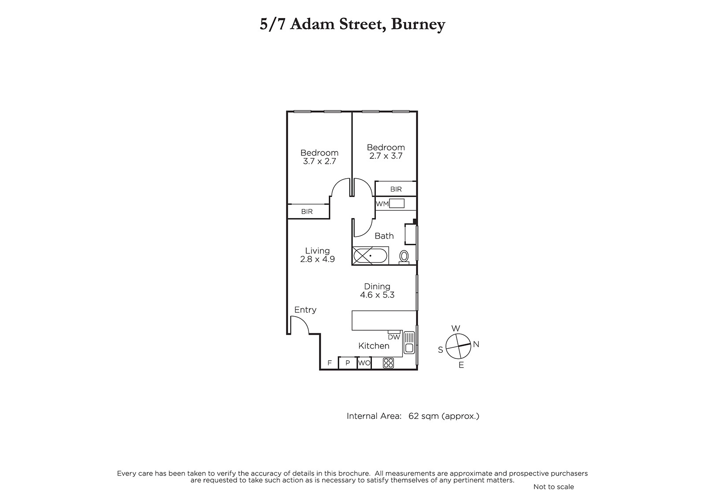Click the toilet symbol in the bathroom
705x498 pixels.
tap(404, 257)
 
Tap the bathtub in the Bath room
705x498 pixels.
tap(371, 255)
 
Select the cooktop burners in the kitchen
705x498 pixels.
tap(388, 363)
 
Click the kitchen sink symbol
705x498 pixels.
tap(409, 343)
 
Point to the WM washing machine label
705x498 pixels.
tap(382, 204)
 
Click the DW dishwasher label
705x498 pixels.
tap(394, 337)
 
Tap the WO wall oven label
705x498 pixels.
tap(364, 363)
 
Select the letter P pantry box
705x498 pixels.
tap(348, 363)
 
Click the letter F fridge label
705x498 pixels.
tap(330, 363)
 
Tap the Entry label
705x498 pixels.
tap(305, 310)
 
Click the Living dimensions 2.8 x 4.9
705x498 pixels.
tap(317, 259)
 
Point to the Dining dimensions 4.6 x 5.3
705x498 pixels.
tap(377, 295)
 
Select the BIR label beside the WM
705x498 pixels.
tap(396, 189)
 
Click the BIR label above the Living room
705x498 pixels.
tap(307, 211)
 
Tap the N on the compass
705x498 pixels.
tap(476, 344)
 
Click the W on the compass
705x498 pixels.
tap(456, 328)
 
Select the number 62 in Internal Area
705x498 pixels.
tap(414, 416)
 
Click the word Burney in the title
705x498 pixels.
tap(418, 24)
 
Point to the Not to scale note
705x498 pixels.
tap(553, 487)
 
